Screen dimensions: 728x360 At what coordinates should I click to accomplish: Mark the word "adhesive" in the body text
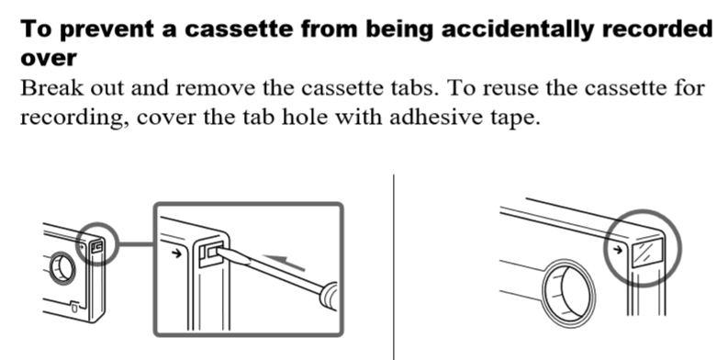[413, 119]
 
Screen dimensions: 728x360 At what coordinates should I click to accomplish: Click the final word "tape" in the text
[511, 119]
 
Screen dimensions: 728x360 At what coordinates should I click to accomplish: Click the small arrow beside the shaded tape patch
[618, 248]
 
